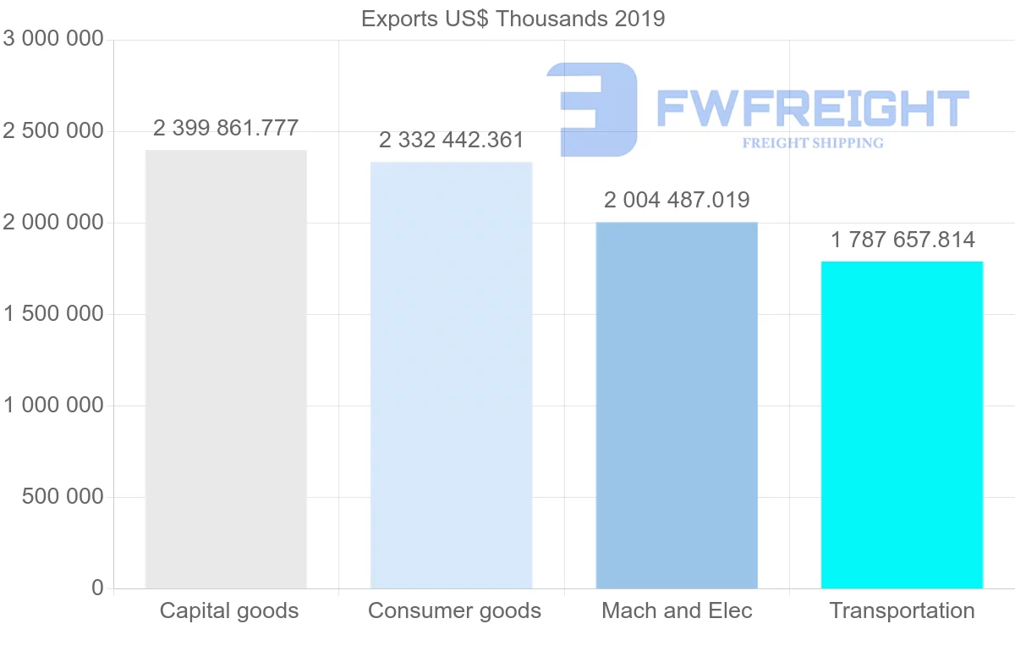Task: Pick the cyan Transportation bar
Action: tap(902, 424)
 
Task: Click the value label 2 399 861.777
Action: tap(226, 129)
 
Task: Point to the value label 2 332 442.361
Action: tap(451, 141)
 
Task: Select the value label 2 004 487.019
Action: tap(677, 201)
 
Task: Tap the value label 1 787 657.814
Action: tap(903, 240)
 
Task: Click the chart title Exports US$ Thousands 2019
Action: tap(513, 19)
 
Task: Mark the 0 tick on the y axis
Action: tap(96, 588)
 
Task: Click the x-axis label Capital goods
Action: tap(229, 610)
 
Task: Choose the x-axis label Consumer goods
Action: tap(454, 610)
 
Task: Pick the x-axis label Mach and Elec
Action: tap(677, 610)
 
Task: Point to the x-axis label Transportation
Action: tap(902, 610)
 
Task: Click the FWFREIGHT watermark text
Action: tap(812, 108)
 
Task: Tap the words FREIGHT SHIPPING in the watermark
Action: tap(812, 143)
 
